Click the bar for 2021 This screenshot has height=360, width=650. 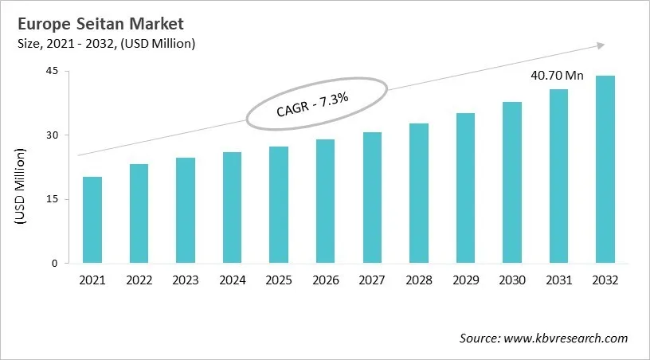coord(92,220)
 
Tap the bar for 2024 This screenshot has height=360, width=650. coord(232,207)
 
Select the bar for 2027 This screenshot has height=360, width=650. coord(372,198)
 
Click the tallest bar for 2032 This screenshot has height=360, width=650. coord(605,169)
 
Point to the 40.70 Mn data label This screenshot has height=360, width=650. coord(558,76)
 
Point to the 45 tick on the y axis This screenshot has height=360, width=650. coord(52,71)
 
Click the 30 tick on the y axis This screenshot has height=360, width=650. coord(52,135)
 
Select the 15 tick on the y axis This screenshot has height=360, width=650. coord(52,199)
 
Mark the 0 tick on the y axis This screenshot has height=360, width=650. coord(55,264)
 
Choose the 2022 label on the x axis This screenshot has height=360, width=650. coord(139,280)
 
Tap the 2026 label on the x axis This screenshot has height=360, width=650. coord(325,280)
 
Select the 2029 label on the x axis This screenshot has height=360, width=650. coord(465,280)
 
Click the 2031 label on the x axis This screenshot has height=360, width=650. coord(558,280)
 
